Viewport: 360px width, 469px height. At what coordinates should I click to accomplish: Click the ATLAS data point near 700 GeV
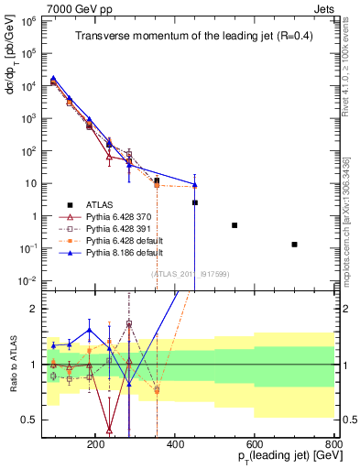click(294, 245)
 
